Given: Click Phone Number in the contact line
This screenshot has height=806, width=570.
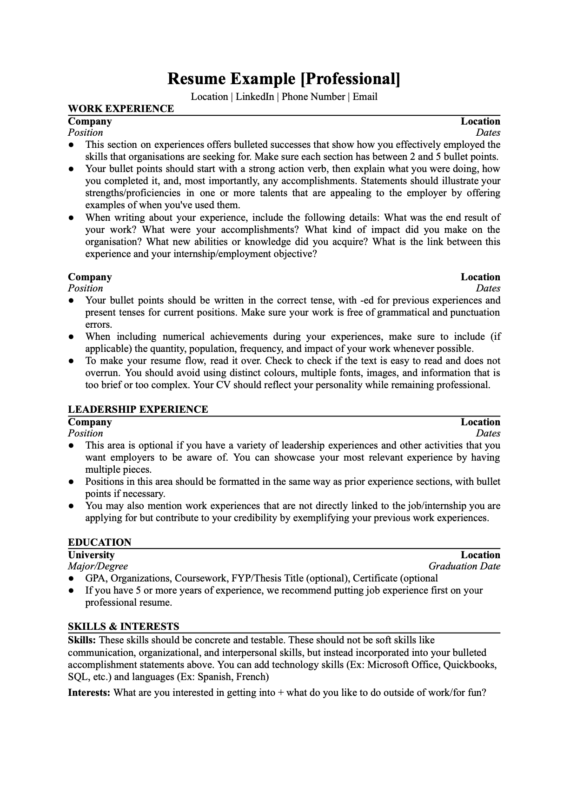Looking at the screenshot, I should (313, 97).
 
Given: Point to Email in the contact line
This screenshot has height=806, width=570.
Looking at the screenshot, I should (365, 97).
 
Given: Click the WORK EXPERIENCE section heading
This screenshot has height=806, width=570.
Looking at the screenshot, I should (121, 109).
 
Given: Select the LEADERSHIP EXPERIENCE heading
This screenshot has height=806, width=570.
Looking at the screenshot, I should (138, 410).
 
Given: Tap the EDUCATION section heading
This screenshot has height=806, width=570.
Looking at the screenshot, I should (99, 542).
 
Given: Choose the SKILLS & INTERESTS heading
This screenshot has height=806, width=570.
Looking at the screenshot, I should (123, 627).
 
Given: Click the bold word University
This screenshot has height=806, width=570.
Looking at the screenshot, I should (91, 555).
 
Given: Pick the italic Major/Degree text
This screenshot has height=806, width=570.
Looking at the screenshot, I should (98, 566).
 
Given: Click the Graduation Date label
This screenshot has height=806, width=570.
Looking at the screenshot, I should (464, 566).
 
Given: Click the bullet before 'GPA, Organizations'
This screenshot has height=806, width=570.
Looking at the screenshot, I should (71, 579).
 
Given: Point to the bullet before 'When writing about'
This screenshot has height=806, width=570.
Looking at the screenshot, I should (71, 218).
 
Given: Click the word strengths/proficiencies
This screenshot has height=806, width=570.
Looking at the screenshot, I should (133, 193).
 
